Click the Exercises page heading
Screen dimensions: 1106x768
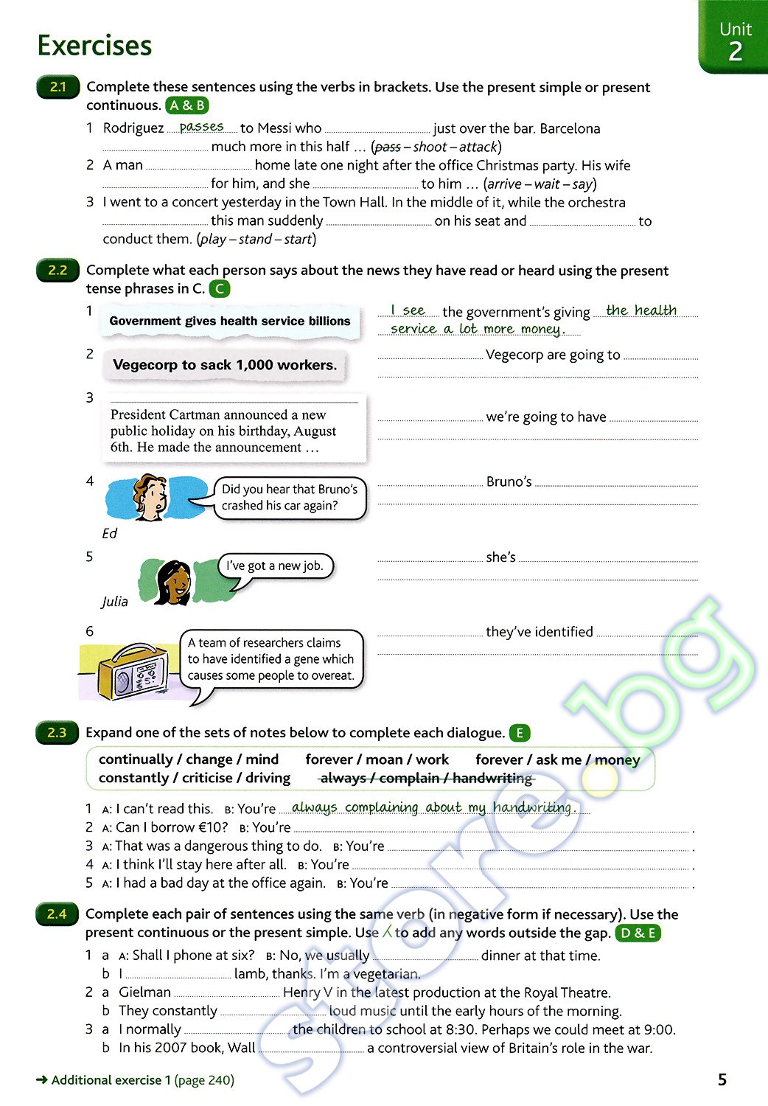[94, 46]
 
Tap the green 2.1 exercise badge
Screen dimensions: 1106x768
[57, 87]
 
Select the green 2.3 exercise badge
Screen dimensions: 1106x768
[57, 732]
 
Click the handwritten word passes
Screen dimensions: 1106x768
[201, 127]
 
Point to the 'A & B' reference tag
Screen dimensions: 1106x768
[187, 105]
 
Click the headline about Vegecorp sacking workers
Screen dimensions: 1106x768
[225, 365]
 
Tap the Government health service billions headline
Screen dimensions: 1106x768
[230, 321]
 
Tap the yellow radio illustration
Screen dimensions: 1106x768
[131, 672]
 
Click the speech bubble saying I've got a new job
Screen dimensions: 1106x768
[274, 566]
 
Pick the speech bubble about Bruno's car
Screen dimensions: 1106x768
[290, 498]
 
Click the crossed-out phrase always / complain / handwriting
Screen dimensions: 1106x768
[426, 778]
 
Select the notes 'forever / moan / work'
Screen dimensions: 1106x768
[377, 759]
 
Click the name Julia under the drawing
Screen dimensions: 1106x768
[114, 602]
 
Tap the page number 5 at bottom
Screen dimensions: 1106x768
[722, 1080]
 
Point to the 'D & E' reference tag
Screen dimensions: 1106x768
[638, 933]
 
